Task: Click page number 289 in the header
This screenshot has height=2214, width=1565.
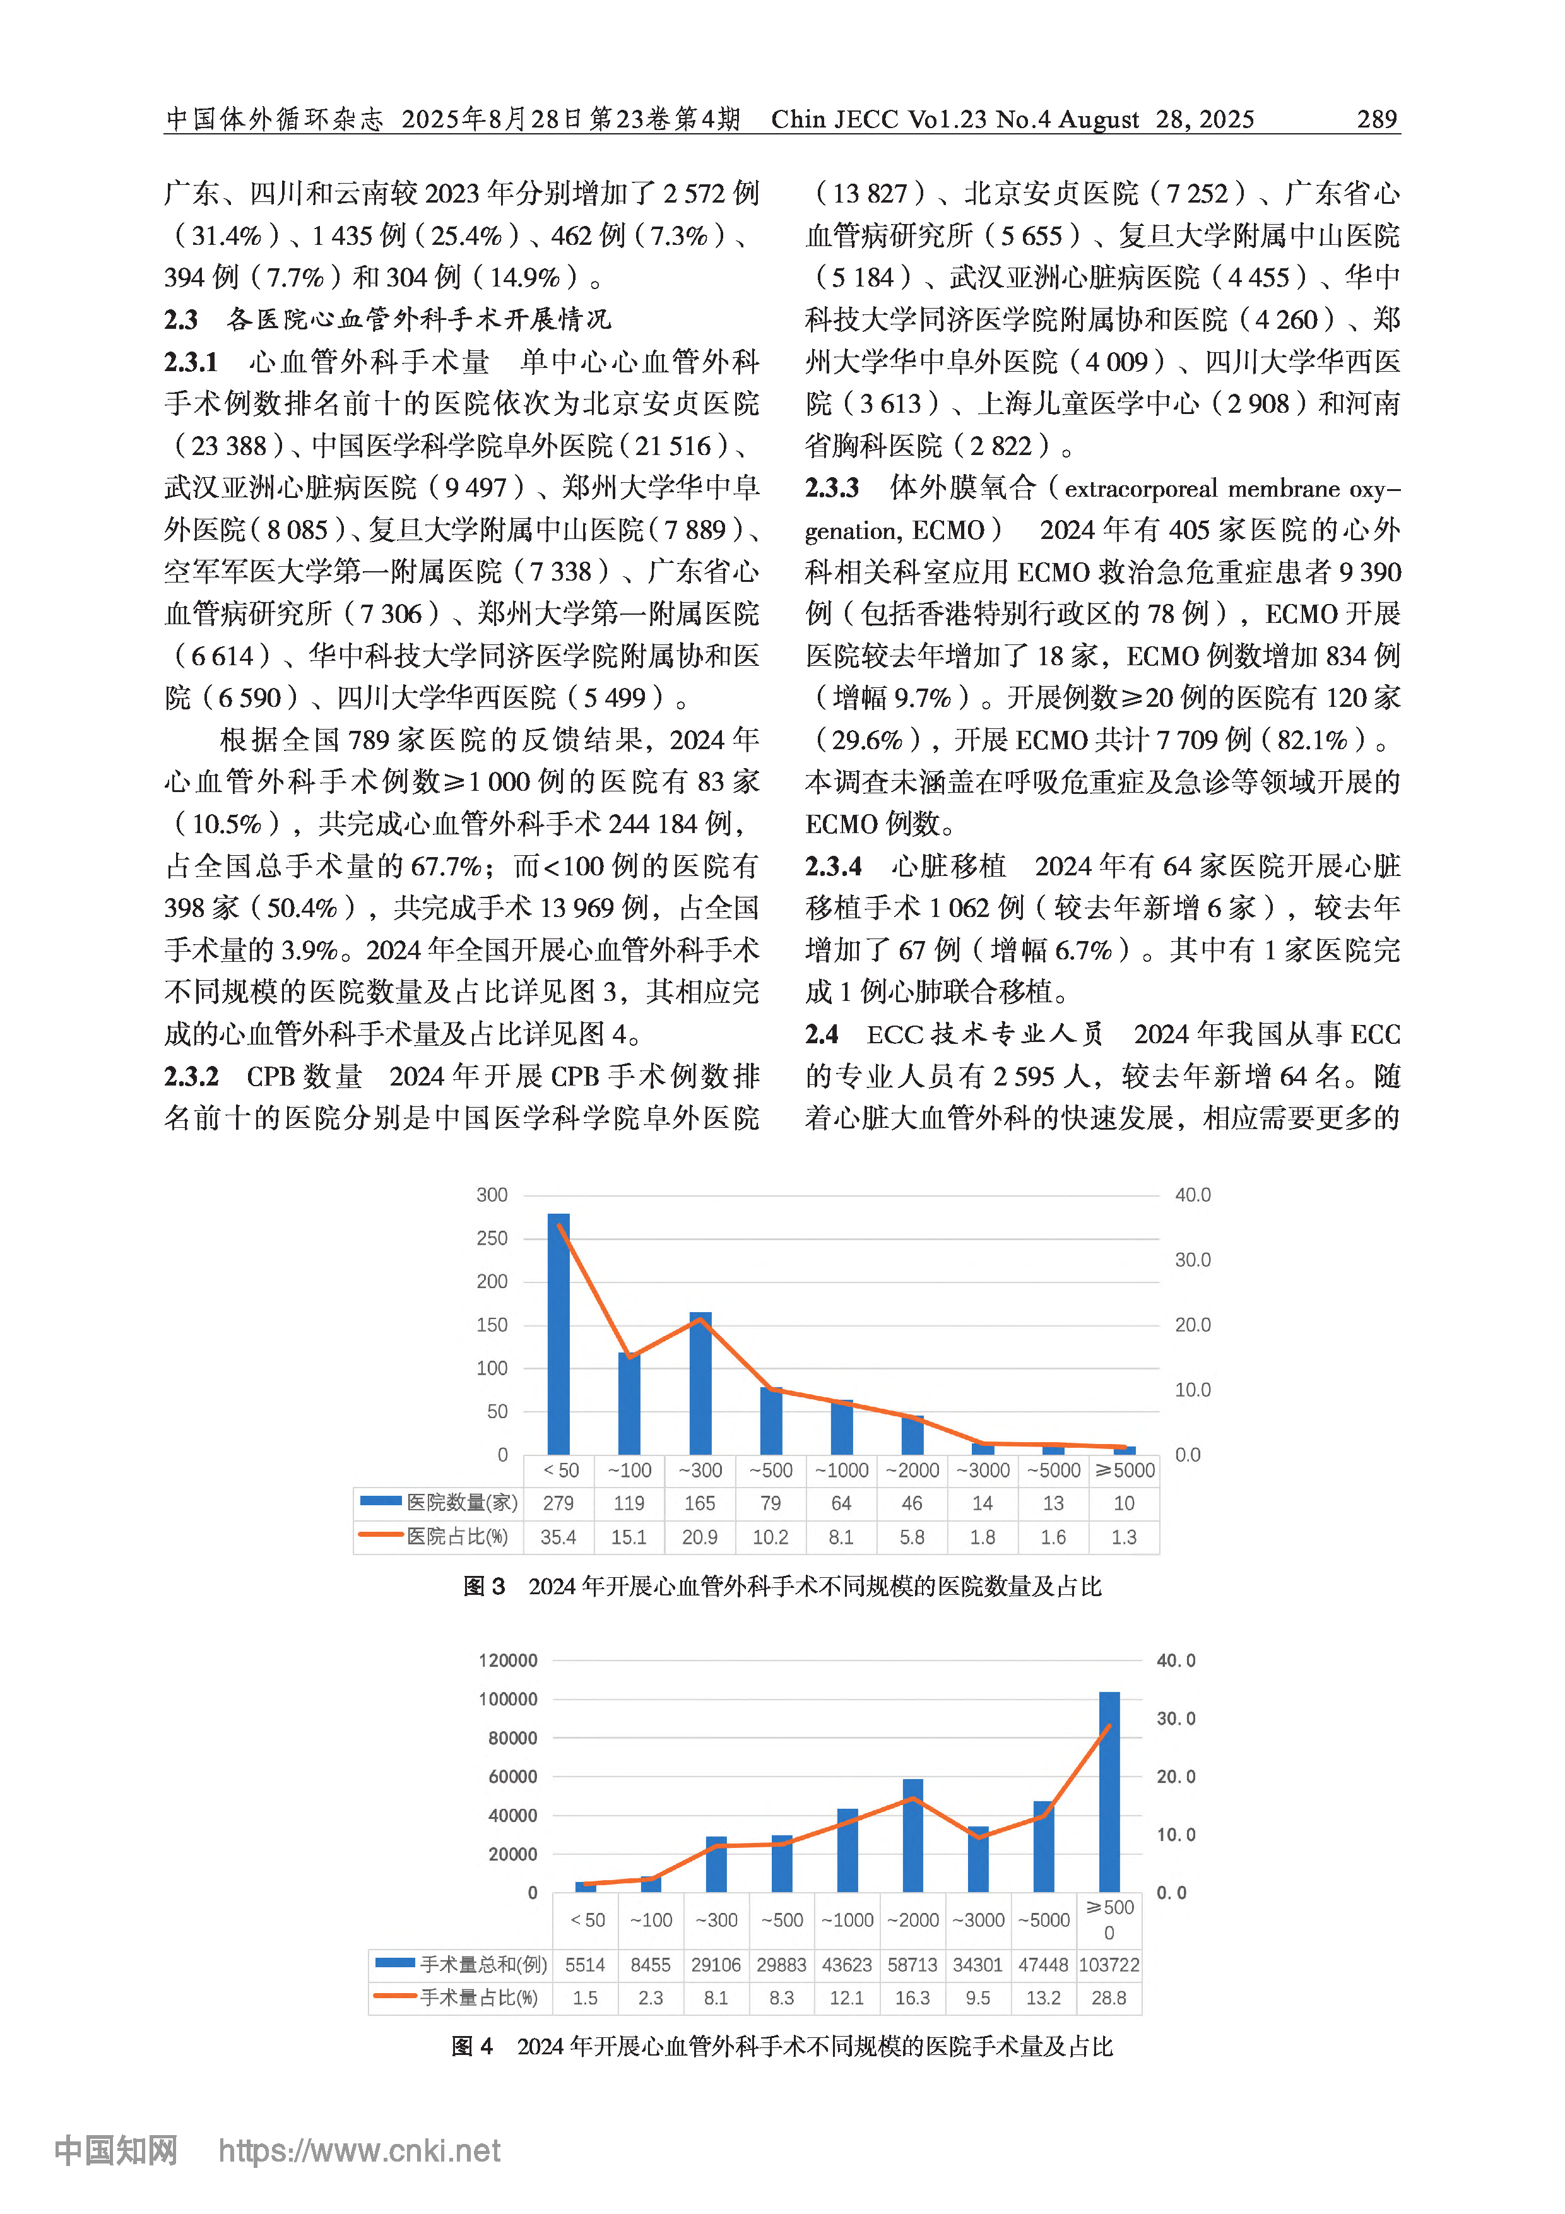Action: [x=1376, y=119]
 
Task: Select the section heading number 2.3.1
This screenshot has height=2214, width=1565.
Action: [x=191, y=362]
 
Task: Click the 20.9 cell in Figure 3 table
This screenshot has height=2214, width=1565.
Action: [x=700, y=1537]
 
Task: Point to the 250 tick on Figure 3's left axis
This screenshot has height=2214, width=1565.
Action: [x=492, y=1238]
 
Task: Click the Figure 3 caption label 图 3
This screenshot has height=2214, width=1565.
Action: [x=484, y=1586]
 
